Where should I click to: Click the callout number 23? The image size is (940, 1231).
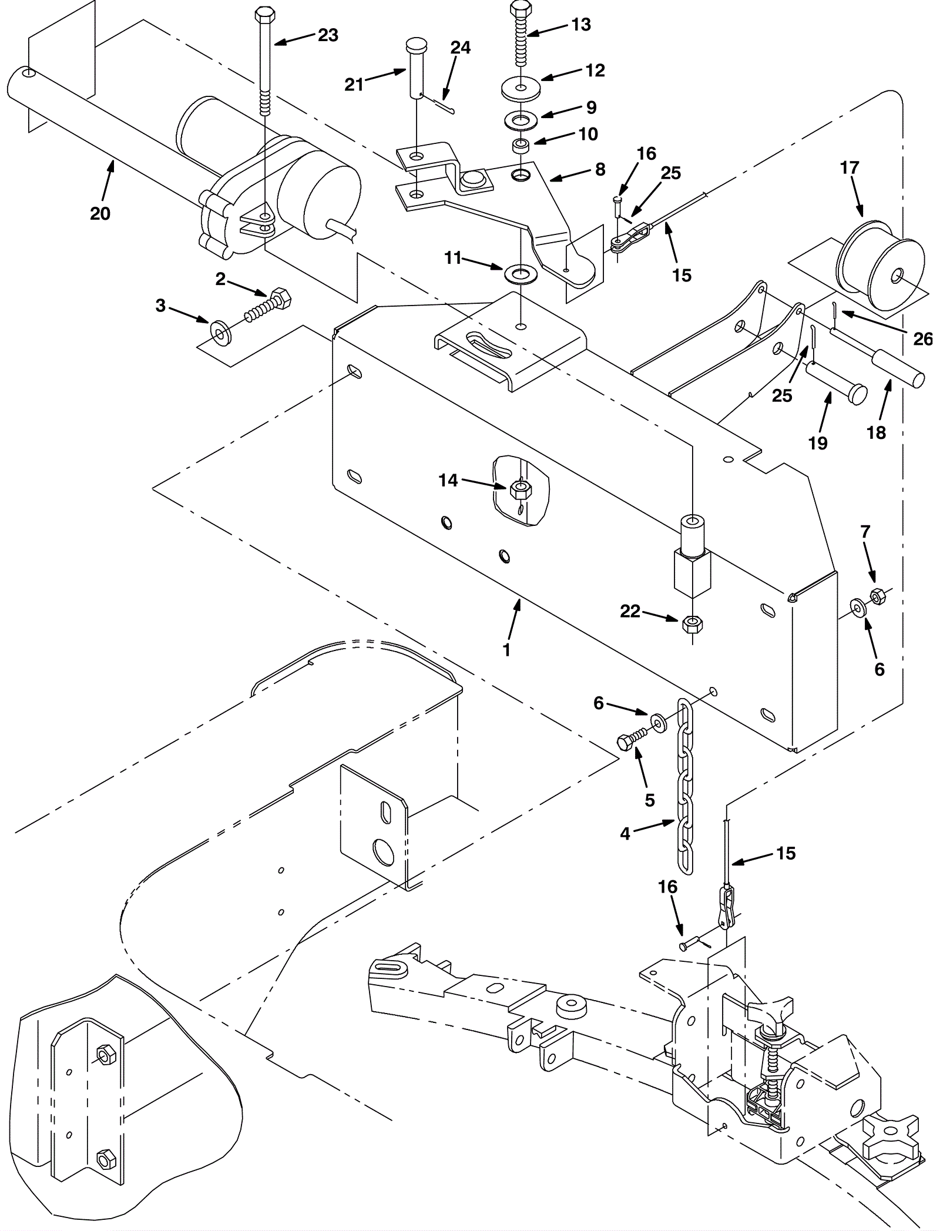(328, 35)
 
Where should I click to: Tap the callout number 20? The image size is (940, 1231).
(100, 213)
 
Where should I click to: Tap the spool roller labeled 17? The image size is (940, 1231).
(880, 259)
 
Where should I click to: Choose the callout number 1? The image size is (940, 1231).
(506, 650)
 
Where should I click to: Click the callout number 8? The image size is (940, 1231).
(599, 169)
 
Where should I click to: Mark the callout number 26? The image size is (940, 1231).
(922, 338)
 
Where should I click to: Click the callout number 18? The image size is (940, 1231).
(876, 432)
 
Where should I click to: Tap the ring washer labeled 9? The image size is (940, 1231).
(521, 120)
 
